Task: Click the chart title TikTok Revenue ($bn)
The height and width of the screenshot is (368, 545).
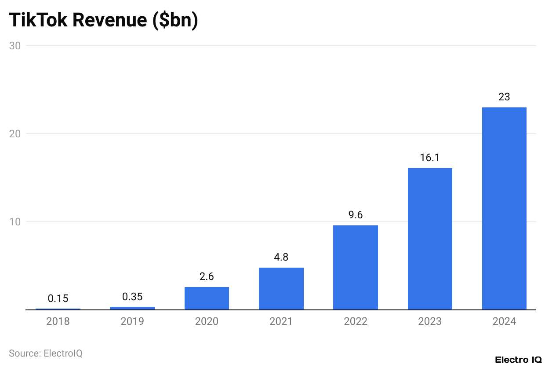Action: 103,20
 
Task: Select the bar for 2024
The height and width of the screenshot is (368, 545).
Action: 504,209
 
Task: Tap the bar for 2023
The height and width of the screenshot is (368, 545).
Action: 430,239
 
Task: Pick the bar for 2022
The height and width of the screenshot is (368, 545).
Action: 356,268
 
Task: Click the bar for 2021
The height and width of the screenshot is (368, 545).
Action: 281,289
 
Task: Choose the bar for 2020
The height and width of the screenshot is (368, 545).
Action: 207,298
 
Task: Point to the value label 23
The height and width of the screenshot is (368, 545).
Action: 504,97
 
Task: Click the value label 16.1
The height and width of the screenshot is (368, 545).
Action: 430,158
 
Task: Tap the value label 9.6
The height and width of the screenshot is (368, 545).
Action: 356,215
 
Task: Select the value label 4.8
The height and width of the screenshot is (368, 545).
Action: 281,257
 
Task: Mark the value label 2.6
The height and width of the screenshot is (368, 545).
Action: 207,277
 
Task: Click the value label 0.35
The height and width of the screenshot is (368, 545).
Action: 132,297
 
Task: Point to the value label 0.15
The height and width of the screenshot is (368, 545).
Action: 58,298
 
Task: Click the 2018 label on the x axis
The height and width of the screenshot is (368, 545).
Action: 58,322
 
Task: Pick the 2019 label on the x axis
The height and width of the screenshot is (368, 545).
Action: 132,322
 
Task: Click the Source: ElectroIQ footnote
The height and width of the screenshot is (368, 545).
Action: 46,353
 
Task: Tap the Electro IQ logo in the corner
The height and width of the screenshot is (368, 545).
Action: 518,360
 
